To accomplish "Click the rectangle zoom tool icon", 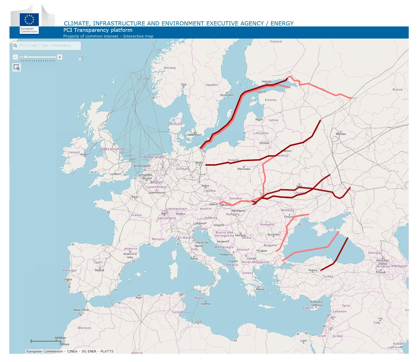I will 17,67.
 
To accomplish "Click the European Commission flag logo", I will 29,19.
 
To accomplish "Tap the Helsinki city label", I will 267,81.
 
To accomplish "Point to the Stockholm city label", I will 227,95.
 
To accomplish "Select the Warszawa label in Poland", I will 243,169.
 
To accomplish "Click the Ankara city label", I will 313,270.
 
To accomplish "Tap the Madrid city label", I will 99,270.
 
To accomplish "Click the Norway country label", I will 170,68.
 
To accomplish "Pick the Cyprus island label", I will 308,308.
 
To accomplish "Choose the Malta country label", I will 199,298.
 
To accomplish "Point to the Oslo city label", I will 184,84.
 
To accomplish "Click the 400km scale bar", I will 44,341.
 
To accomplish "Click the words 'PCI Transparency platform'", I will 98,30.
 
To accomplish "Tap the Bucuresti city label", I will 273,235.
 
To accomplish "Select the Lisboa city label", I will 68,279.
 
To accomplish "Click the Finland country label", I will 276,41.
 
